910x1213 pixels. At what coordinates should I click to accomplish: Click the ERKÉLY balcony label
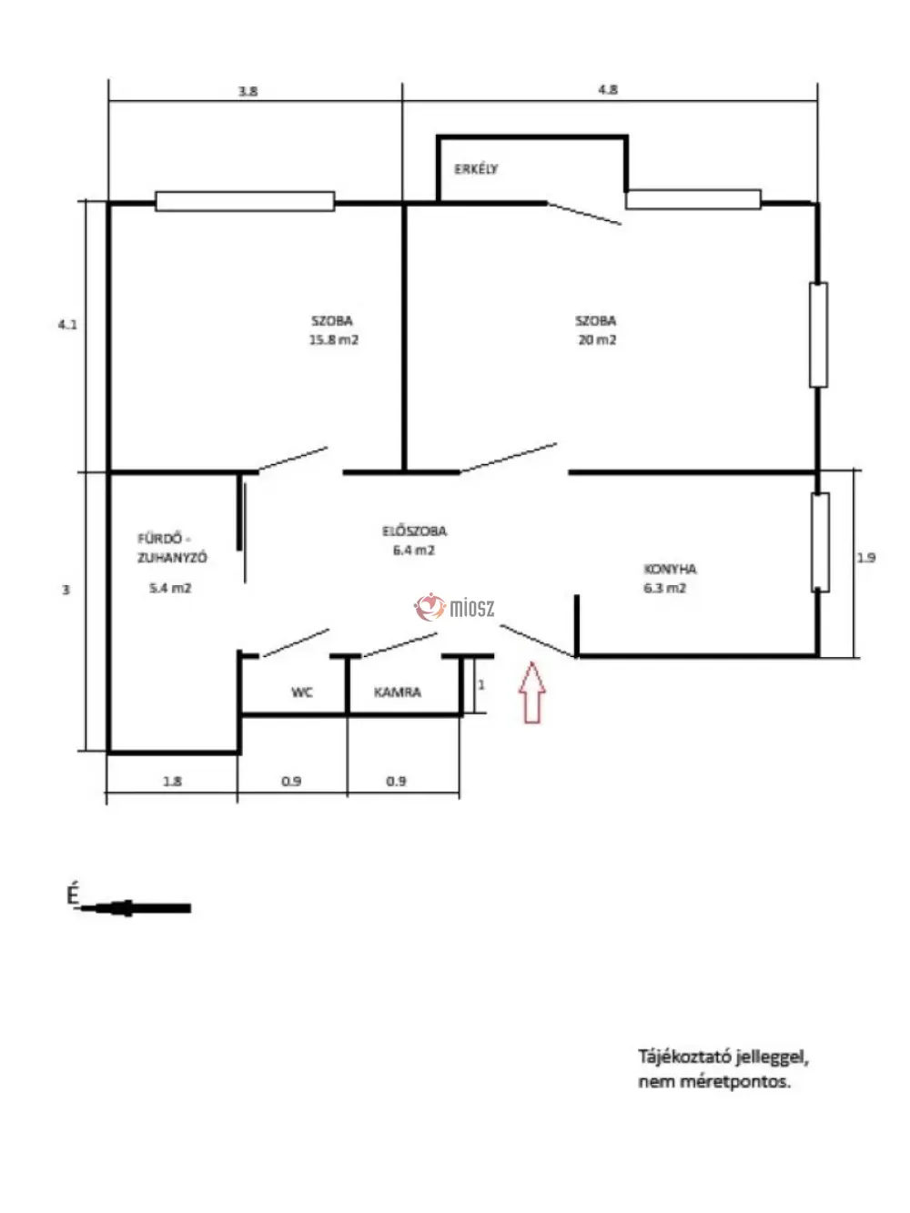pos(476,169)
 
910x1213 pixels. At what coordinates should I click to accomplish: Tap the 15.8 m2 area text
pos(334,339)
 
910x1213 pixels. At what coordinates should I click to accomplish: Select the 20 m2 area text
pos(597,339)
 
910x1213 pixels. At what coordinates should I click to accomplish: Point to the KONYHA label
pos(670,569)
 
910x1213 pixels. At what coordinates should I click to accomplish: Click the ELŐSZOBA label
pos(414,531)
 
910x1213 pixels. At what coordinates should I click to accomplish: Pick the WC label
pos(302,692)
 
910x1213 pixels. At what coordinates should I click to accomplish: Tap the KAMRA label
pos(398,692)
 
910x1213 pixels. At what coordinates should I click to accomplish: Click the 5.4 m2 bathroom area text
pos(170,588)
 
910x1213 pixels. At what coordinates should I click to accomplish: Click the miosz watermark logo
pos(454,607)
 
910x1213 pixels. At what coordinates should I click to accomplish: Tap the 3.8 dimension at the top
pos(248,91)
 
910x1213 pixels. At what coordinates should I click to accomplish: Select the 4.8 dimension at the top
pos(608,89)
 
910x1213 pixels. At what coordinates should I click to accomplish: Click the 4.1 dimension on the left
pos(67,324)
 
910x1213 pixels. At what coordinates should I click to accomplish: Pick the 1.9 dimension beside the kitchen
pos(865,558)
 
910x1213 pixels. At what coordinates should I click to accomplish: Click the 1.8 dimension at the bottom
pos(172,781)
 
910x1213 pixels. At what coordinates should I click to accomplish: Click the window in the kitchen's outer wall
pos(820,542)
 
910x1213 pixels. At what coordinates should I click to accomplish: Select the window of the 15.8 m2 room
pos(245,201)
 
